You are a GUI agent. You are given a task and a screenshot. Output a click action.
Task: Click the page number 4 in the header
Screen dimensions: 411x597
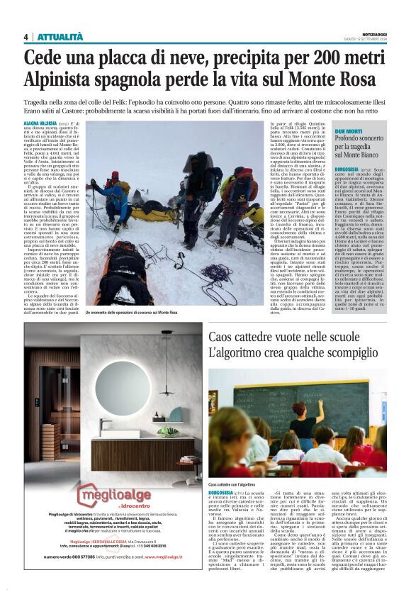pos(26,37)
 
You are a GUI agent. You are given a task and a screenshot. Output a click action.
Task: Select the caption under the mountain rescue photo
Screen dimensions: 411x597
pos(130,313)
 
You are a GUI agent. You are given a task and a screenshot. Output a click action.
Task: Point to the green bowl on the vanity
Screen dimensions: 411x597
pos(167,430)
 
